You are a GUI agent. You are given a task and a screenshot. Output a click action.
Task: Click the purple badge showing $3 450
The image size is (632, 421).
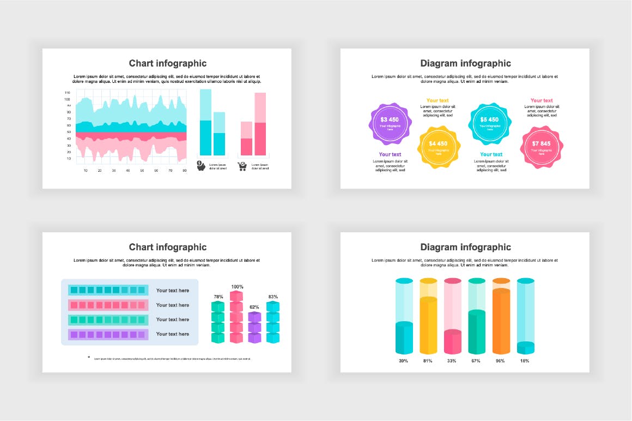[x=390, y=123]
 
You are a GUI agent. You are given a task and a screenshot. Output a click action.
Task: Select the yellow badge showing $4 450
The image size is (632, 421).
[x=439, y=147]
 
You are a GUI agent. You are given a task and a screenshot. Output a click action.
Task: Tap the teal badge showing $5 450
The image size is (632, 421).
[x=489, y=123]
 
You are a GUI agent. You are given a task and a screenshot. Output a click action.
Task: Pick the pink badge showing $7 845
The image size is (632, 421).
[x=541, y=147]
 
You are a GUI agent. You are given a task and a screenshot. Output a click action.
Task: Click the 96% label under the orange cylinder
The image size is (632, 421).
[x=500, y=361]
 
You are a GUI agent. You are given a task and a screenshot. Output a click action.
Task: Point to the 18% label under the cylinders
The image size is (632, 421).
[x=525, y=361]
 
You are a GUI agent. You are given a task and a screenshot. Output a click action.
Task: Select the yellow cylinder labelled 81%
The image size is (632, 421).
[x=428, y=322]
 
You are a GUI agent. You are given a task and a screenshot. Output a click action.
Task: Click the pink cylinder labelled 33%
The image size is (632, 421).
[x=453, y=338]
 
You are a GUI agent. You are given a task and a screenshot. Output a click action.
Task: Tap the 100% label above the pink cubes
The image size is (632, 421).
[x=237, y=287]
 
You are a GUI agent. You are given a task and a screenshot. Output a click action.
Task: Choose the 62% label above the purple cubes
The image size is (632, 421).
[x=254, y=307]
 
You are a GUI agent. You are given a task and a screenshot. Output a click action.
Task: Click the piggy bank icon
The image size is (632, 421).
[x=201, y=166]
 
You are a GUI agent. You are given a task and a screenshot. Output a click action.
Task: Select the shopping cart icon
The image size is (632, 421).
[x=242, y=166]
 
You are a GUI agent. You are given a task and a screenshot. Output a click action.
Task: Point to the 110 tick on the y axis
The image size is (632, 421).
[x=67, y=93]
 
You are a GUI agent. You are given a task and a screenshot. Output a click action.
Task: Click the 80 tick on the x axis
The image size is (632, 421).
[x=184, y=171]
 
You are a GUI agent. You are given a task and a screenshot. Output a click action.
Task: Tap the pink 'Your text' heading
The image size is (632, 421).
[x=542, y=100]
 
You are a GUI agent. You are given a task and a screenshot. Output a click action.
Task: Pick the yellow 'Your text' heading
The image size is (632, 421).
[x=437, y=100]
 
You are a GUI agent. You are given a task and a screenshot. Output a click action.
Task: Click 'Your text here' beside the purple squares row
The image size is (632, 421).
[x=172, y=334]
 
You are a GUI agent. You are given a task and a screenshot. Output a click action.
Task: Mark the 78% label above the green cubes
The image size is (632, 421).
[x=218, y=297]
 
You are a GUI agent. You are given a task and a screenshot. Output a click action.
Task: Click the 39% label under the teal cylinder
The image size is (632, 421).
[x=403, y=361]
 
